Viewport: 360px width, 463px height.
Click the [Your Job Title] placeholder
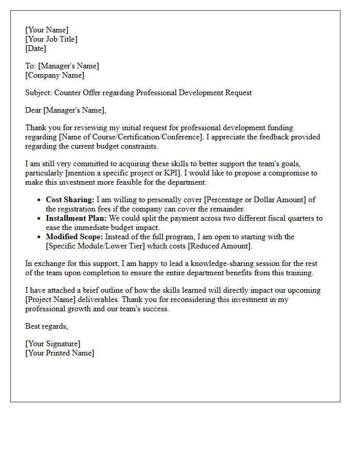click(x=51, y=39)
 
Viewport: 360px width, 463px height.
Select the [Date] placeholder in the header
click(x=35, y=48)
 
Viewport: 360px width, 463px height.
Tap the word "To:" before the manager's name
click(x=31, y=66)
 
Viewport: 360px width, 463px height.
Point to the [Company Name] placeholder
click(x=55, y=75)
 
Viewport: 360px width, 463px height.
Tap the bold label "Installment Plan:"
click(x=76, y=218)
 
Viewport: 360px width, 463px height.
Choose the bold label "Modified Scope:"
click(x=75, y=237)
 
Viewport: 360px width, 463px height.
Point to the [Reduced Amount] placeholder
click(x=220, y=246)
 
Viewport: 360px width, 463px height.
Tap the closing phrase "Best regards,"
click(x=47, y=326)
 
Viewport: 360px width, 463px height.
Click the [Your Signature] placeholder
click(x=52, y=344)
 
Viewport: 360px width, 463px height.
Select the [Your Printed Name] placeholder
click(x=60, y=353)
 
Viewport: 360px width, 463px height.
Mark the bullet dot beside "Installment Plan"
click(x=40, y=218)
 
